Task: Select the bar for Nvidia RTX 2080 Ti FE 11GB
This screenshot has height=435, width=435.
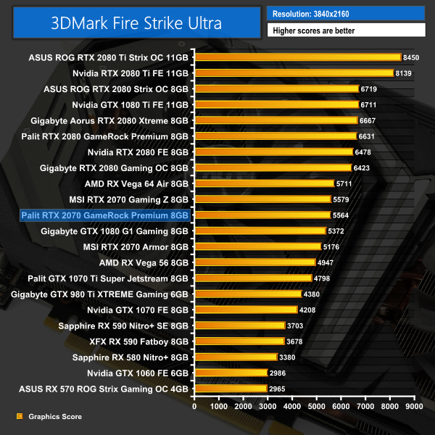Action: pos(294,73)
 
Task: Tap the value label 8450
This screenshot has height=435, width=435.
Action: pos(412,57)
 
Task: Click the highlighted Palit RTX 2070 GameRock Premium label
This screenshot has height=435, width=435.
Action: pos(105,215)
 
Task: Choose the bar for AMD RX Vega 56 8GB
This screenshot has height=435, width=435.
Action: pos(254,262)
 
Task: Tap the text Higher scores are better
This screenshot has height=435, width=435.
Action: pos(346,30)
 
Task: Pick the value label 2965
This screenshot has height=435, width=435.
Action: pos(278,389)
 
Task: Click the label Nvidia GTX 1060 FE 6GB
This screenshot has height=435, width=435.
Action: pos(138,373)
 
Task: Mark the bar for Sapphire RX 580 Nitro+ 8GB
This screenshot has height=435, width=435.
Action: pos(236,357)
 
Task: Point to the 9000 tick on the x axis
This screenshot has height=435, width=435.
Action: pos(414,407)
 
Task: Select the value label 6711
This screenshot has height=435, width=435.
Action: pos(370,104)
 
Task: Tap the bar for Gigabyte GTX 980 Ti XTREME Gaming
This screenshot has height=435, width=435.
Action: pos(247,294)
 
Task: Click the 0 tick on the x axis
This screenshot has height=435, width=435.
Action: pos(194,407)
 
